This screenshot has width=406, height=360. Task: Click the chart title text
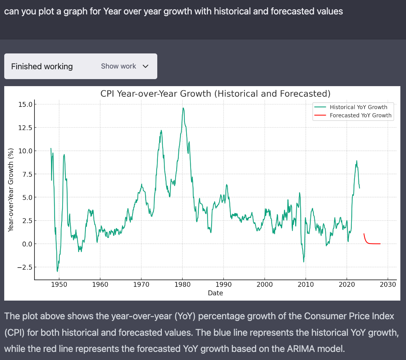pos(215,94)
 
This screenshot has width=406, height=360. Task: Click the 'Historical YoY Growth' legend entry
pos(358,107)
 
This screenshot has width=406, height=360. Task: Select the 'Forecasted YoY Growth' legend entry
pos(360,115)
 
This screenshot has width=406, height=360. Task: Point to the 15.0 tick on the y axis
pos(25,104)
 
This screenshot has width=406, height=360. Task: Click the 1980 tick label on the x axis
pos(182,284)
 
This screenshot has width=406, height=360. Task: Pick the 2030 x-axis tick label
pos(388,284)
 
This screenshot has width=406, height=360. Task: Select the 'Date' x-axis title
pos(215,293)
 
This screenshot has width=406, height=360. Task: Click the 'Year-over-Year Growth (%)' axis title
pos(11,190)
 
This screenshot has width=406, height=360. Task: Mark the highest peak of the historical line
pos(183,108)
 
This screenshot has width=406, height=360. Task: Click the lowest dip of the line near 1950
pos(57,271)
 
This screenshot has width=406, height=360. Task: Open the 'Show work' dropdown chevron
pos(145,66)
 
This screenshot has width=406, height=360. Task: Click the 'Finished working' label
pos(42,66)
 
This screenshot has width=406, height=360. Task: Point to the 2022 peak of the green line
pos(357,161)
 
